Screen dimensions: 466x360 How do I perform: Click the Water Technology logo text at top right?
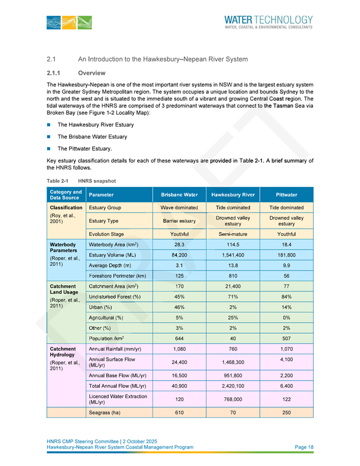point(268,21)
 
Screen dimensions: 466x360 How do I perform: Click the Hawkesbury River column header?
point(233,195)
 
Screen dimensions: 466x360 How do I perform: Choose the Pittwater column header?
point(286,195)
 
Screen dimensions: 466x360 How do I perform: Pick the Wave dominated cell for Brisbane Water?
point(179,208)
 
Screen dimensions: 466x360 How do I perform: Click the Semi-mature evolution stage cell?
point(233,234)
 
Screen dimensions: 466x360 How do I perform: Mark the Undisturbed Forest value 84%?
point(286,297)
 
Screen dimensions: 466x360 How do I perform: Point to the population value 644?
point(179,338)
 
